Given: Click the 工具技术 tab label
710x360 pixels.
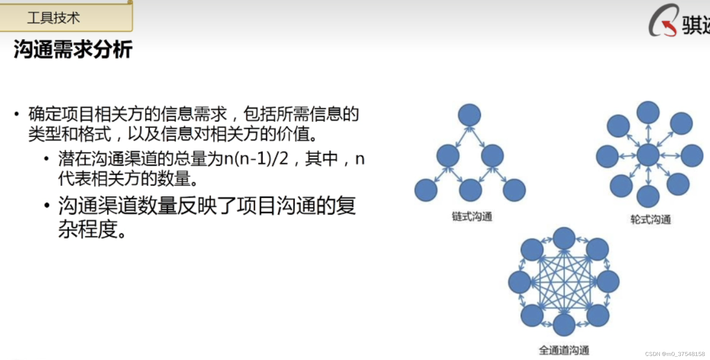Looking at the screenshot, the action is coord(54,18).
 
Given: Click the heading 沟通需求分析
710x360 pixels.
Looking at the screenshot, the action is coord(73,49).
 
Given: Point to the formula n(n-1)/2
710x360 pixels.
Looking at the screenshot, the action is coord(256,158).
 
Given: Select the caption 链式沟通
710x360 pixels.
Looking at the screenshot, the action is coord(472,216).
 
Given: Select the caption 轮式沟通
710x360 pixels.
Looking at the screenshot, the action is coord(650,219).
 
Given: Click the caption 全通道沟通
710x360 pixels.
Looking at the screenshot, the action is coord(564,350).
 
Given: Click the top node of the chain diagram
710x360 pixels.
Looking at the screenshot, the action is coord(469,115).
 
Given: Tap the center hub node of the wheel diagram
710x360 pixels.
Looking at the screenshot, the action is coord(648,155).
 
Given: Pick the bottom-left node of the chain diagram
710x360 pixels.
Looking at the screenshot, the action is coord(426,190).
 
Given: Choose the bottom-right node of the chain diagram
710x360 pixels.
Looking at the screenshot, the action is coord(514,190).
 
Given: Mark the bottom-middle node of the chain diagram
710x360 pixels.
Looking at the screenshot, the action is coord(470,190).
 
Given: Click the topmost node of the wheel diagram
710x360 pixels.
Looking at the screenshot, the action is coord(648,112).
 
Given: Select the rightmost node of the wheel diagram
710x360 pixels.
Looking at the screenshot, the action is coord(692,156).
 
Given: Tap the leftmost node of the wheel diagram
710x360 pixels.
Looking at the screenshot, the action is coord(607,156).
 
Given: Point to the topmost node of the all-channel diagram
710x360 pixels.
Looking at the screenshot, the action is coord(564,238).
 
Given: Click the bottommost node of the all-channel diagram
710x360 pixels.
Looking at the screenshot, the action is coord(564,325).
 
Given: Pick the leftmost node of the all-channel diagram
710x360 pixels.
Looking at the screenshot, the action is coord(519,282).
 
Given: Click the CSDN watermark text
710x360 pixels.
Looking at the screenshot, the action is coord(675,354).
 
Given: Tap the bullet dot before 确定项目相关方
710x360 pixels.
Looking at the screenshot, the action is coord(16,114).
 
